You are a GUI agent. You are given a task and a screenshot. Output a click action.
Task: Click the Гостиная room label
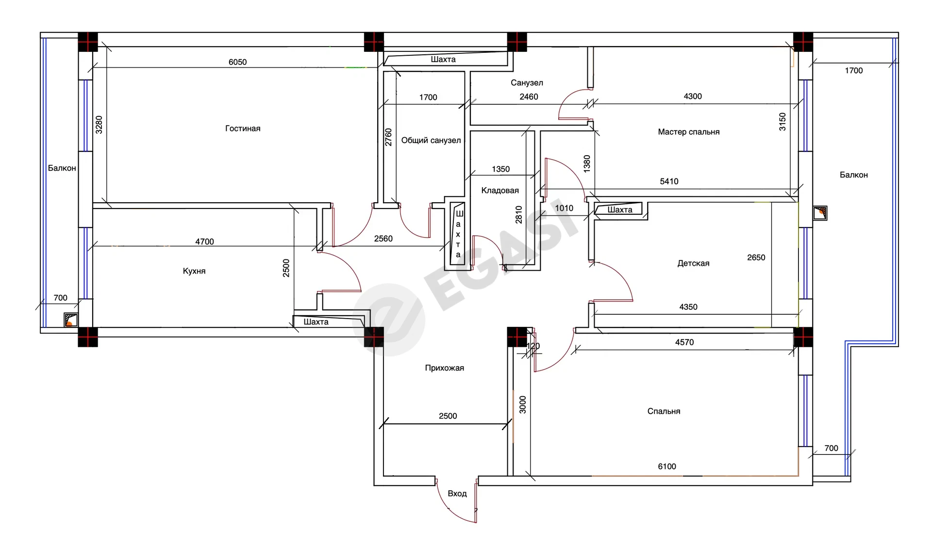pos(243,129)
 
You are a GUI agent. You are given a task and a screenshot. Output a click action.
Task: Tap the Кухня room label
pos(194,271)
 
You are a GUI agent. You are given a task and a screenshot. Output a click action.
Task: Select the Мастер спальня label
pos(689,132)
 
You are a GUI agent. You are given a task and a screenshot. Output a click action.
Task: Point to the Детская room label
pos(693,263)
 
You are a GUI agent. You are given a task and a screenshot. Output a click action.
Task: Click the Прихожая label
pos(444,368)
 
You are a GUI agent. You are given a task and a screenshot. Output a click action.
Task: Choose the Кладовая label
pos(500,191)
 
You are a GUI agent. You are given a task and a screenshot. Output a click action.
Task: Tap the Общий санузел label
pos(431,141)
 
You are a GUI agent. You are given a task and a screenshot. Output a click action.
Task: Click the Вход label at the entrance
pos(457,494)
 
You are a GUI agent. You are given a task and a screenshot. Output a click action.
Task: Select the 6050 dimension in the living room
pos(238,62)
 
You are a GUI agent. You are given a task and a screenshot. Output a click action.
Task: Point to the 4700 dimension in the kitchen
pos(204,242)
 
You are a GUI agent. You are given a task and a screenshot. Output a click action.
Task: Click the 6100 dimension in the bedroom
pos(667,467)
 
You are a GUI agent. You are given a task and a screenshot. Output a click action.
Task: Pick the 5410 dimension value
pos(669,181)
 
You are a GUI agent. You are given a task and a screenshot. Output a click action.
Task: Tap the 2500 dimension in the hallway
pos(448,416)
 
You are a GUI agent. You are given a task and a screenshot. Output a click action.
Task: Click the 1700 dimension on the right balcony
pos(854,71)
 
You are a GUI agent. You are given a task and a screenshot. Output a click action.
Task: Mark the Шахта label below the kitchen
pos(316,322)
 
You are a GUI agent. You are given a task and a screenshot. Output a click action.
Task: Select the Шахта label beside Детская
pos(620,210)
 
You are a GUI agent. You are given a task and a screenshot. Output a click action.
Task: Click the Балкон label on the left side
pos(62,168)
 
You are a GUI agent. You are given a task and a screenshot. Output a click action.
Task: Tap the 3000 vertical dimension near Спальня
pos(523,404)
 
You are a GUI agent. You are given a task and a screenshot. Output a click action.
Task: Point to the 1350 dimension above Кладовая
pos(501,169)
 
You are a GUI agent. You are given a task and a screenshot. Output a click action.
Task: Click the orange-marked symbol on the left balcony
pos(71,320)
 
